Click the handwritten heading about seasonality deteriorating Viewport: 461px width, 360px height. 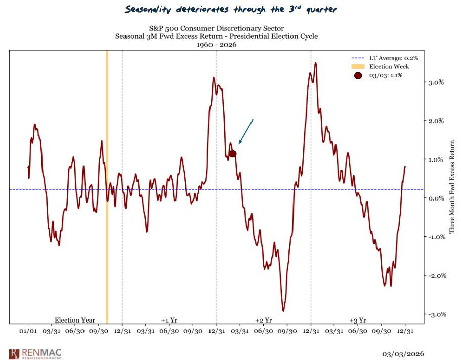point(230,9)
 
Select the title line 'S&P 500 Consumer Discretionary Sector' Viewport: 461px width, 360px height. point(217,28)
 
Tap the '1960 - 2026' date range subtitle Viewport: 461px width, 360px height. point(217,45)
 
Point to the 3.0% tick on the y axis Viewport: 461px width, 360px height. point(436,82)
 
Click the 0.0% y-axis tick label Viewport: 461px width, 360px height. point(436,198)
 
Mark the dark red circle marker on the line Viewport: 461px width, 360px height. point(232,153)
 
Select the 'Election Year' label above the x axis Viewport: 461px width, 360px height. point(75,320)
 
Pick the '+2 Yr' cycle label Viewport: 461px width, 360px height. point(263,320)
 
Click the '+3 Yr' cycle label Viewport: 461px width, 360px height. point(357,320)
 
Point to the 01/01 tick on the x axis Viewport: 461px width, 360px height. point(28,331)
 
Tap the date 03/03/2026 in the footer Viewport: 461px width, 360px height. point(403,353)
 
